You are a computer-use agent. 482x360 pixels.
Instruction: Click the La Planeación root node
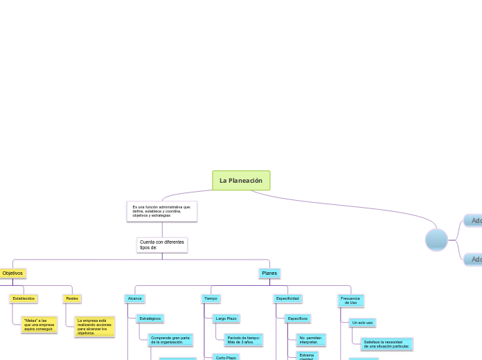(241, 181)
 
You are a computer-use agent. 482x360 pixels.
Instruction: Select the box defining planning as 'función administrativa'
(162, 211)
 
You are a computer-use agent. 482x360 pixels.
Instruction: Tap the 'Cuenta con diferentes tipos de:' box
(162, 245)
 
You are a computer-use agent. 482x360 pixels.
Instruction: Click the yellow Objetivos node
(12, 273)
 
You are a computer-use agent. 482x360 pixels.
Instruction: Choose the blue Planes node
(269, 273)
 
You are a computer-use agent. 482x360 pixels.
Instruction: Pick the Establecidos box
(24, 298)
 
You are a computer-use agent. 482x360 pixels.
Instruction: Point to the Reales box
(72, 298)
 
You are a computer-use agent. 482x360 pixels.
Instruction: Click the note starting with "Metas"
(39, 325)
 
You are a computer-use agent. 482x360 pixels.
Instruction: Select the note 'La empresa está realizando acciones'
(95, 327)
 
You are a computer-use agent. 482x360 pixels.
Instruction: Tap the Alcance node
(135, 298)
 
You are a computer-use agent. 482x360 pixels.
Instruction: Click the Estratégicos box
(150, 318)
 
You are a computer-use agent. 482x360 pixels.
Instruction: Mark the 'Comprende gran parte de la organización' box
(171, 339)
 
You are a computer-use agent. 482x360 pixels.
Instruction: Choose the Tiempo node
(211, 298)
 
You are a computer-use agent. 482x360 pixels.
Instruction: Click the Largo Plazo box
(226, 318)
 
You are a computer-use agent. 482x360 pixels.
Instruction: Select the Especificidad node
(287, 298)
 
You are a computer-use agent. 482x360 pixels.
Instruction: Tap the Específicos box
(298, 318)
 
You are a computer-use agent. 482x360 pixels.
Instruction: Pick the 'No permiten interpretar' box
(311, 339)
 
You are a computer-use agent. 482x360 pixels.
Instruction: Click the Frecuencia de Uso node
(350, 300)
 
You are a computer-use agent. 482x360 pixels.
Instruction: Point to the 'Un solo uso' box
(362, 323)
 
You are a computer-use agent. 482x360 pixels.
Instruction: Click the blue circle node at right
(436, 240)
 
